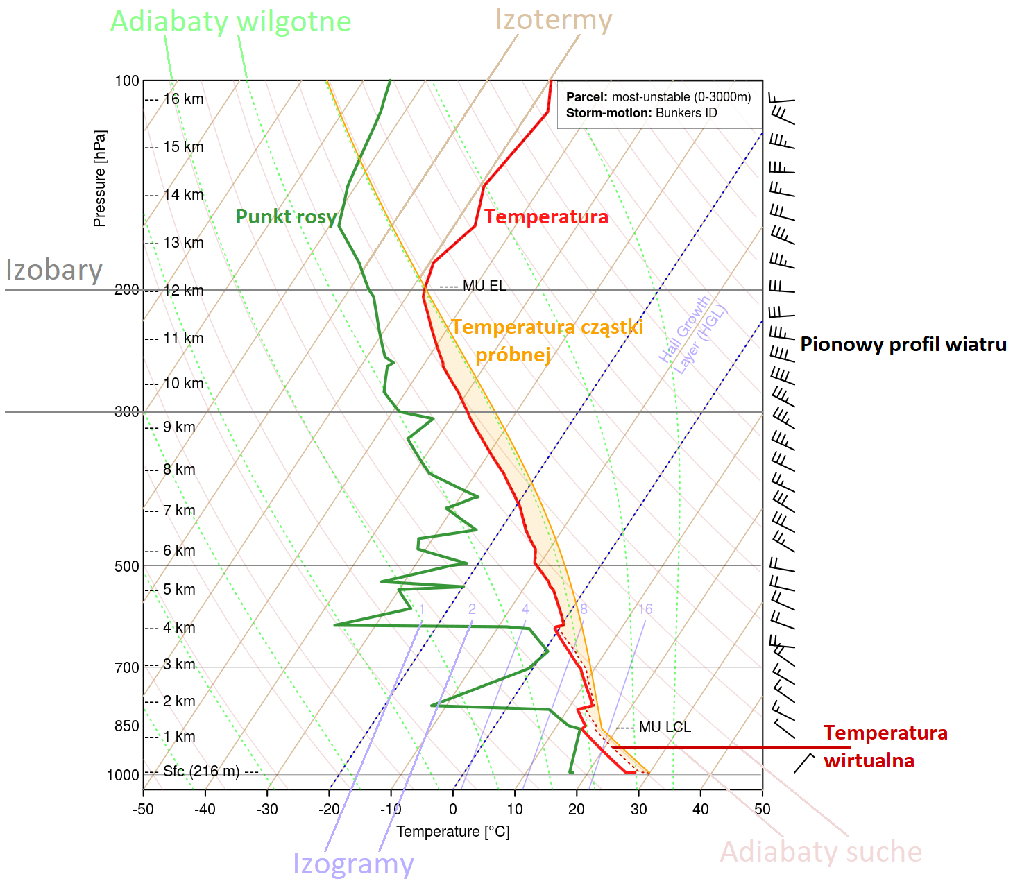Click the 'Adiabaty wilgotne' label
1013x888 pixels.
point(230,22)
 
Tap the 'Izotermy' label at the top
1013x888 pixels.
point(553,19)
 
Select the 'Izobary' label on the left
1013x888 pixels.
point(54,269)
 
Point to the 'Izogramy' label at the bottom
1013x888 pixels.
point(353,864)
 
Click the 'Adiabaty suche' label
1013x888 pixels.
point(821,851)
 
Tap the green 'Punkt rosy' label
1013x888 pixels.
point(286,216)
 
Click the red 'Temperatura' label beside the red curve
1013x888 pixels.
point(546,216)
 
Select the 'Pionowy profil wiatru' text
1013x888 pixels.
point(903,344)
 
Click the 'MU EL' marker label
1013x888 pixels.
point(484,286)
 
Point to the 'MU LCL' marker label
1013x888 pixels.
point(665,727)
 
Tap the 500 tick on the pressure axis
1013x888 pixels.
point(127,566)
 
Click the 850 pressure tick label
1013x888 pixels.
point(127,726)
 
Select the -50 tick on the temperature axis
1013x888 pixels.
point(144,809)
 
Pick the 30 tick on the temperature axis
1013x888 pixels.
point(638,809)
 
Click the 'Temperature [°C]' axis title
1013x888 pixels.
point(452,831)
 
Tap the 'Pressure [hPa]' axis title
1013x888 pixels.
point(100,178)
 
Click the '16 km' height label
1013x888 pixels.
point(183,99)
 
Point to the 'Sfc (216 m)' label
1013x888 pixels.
point(201,771)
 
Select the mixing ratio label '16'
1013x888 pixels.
point(645,609)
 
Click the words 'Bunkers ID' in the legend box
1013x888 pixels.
point(686,113)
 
